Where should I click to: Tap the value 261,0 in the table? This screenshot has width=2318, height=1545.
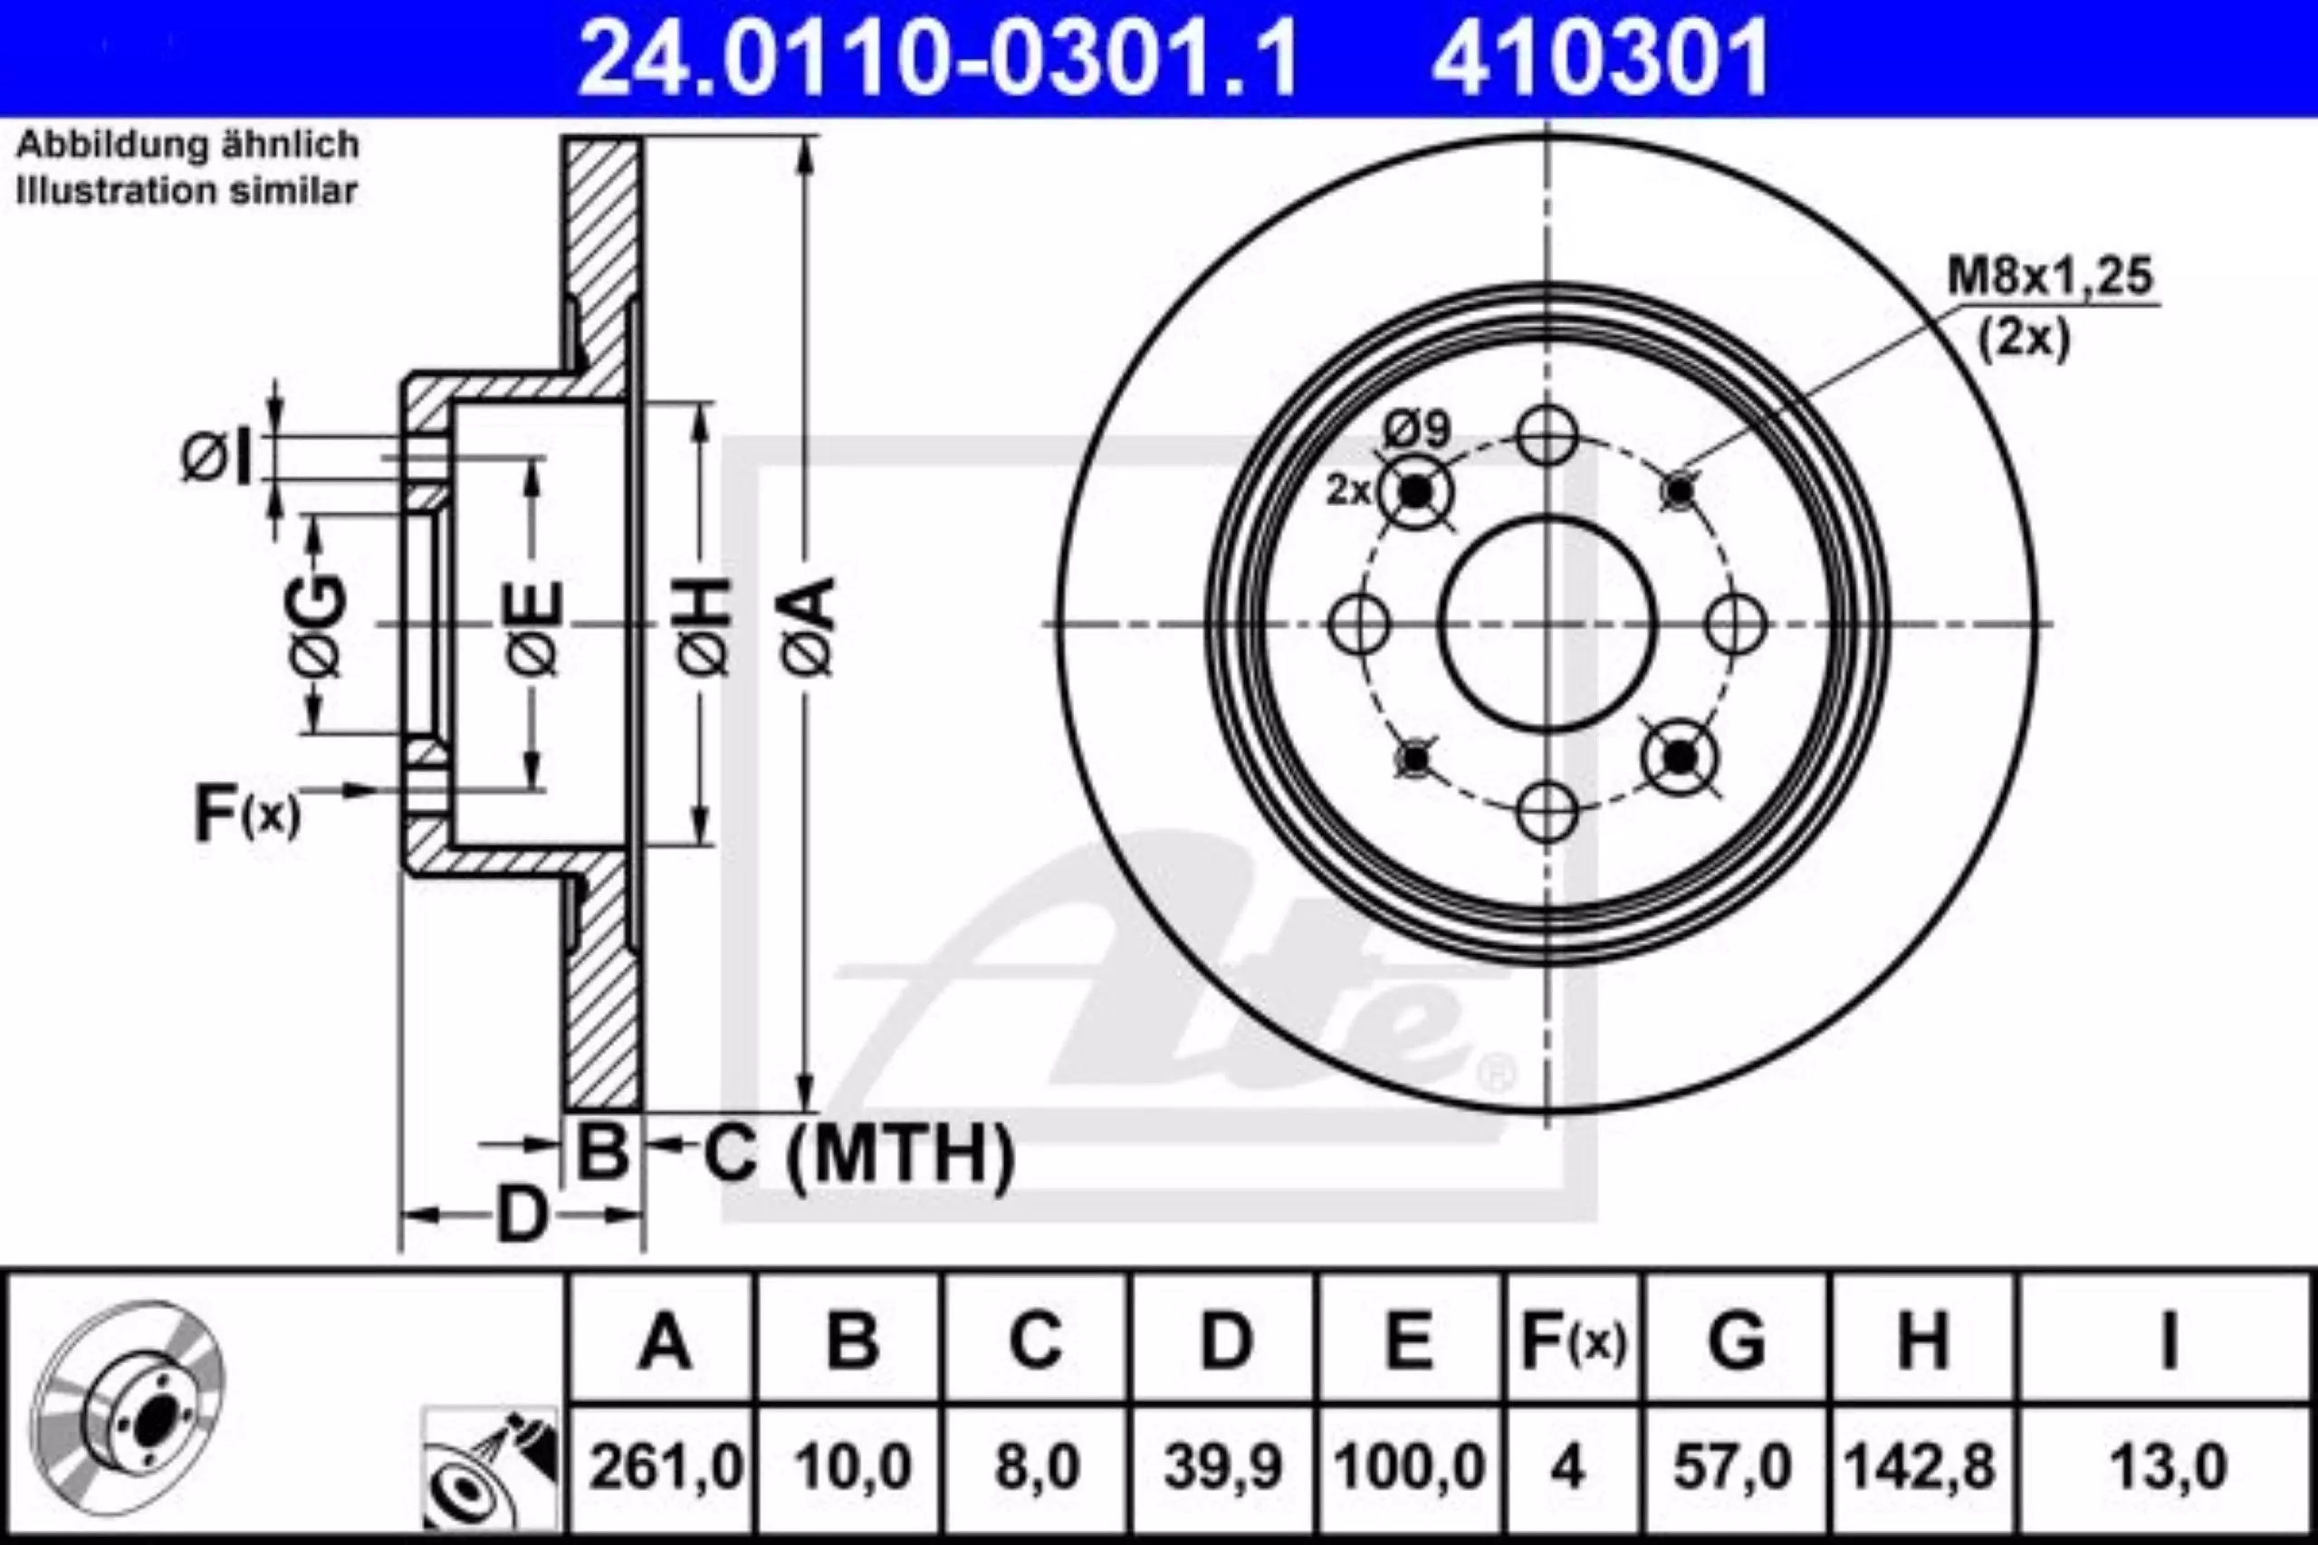(x=666, y=1467)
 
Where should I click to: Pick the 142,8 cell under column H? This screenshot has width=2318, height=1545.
(x=1920, y=1467)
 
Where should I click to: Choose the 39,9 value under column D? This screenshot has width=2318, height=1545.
(x=1223, y=1467)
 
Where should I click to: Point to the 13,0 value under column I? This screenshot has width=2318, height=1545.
(x=2167, y=1467)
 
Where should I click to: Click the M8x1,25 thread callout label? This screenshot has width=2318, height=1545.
(x=2050, y=277)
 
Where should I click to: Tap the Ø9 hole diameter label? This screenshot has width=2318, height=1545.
(x=1416, y=431)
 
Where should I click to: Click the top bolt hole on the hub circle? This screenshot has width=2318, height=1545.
(x=1547, y=434)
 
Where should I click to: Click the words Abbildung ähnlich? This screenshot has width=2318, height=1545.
(x=188, y=146)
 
